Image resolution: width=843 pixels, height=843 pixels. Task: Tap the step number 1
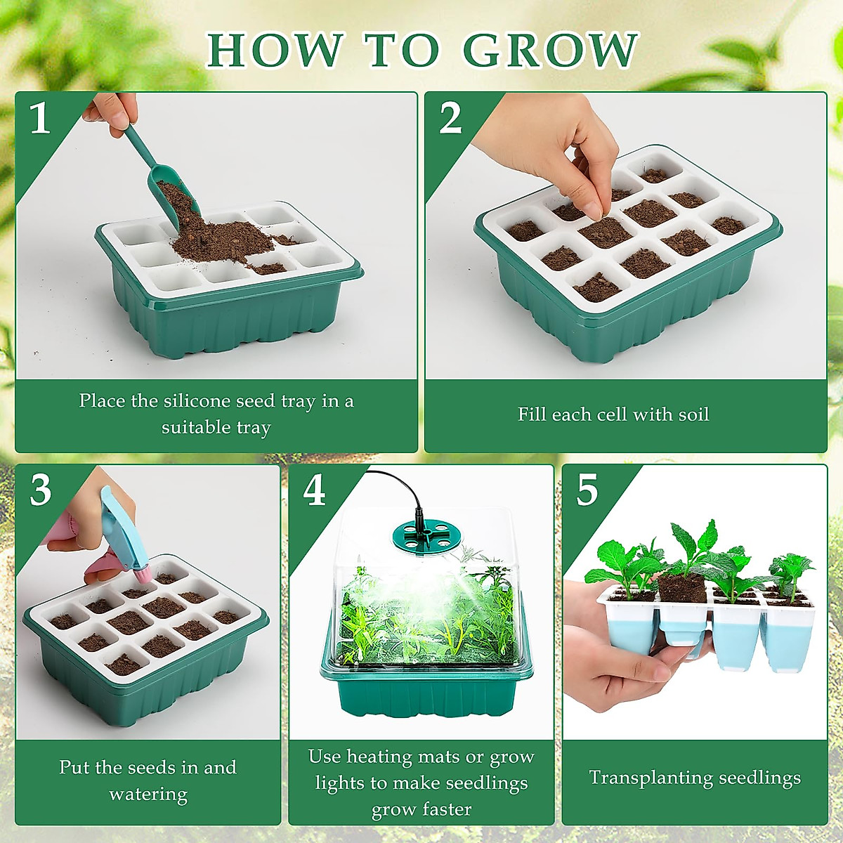coord(40,117)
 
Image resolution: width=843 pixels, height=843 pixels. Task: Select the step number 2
coord(450,117)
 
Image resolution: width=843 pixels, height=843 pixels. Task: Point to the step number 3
coord(41,490)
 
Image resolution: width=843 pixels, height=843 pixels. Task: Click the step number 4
coord(314,490)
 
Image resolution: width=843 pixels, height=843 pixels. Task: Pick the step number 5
coord(587,490)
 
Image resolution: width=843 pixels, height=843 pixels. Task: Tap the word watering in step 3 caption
coord(148,795)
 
